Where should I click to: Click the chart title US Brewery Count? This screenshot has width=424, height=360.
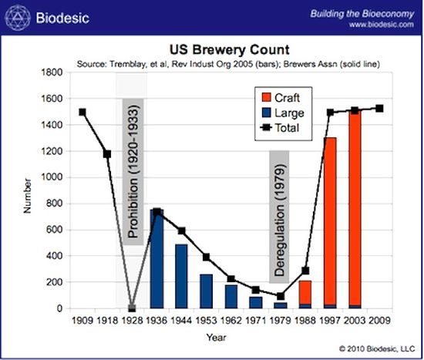(229, 48)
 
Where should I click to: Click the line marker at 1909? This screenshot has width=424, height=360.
(82, 112)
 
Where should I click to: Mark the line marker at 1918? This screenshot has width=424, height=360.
(107, 154)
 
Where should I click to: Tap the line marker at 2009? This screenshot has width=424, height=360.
(379, 108)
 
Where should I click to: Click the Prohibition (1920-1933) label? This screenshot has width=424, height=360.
(133, 170)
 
